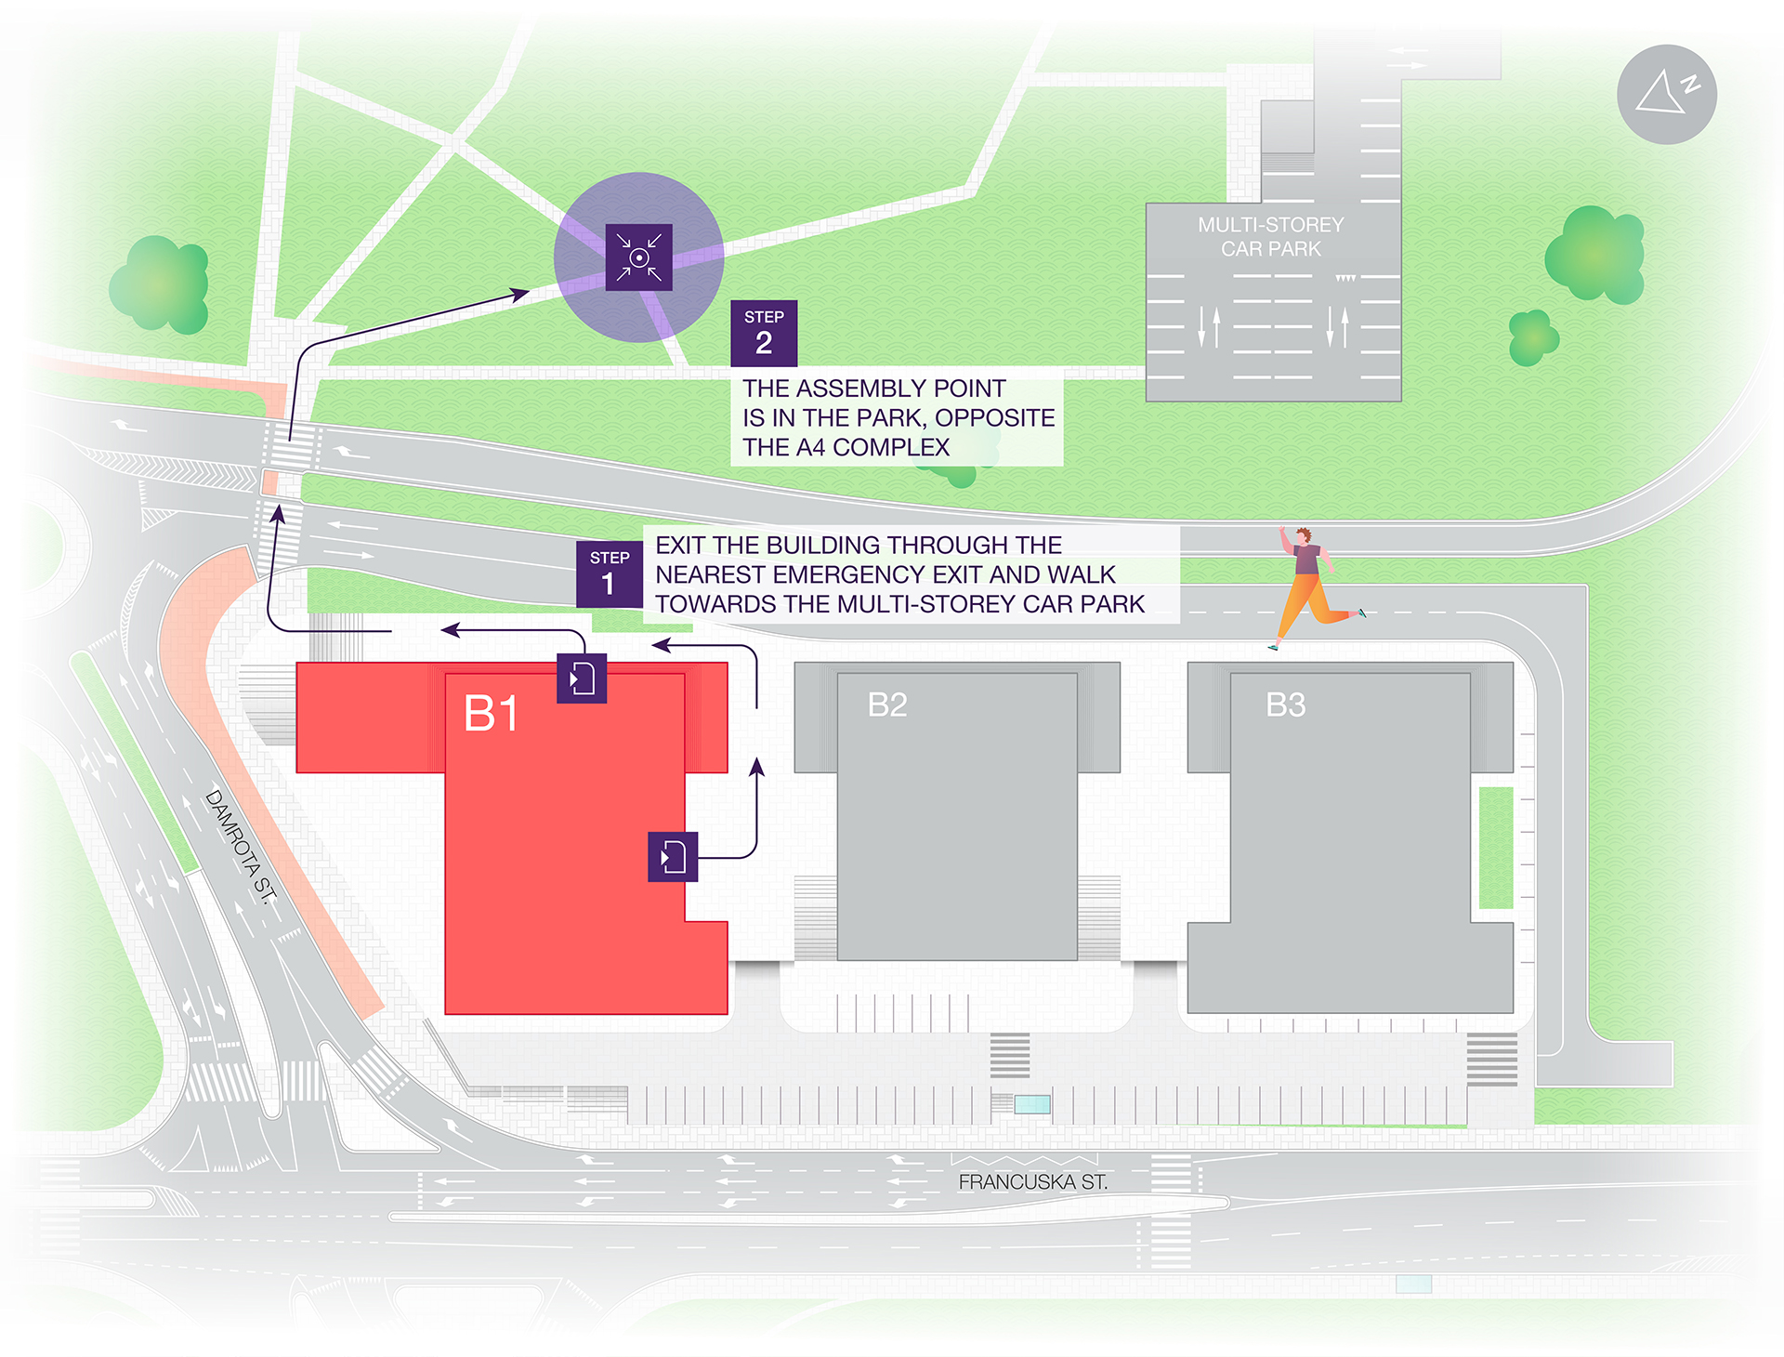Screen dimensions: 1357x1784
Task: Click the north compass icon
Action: (1666, 94)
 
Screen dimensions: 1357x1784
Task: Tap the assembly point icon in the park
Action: (638, 257)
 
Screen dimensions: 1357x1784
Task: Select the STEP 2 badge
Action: (764, 333)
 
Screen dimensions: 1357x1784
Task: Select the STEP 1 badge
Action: (609, 574)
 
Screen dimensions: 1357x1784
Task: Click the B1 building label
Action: (491, 714)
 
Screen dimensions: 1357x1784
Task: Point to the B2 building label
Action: (886, 705)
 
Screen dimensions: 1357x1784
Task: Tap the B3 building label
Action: (1285, 705)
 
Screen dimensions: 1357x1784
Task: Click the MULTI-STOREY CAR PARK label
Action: (1270, 237)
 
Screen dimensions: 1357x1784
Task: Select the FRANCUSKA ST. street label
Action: (1032, 1182)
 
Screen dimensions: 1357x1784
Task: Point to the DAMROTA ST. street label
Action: (241, 846)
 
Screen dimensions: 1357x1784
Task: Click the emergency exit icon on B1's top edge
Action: (582, 678)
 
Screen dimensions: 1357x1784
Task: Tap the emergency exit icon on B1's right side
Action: (672, 856)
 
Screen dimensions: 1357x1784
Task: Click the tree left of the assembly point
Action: (161, 284)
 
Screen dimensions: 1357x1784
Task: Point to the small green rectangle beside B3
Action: (1495, 847)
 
